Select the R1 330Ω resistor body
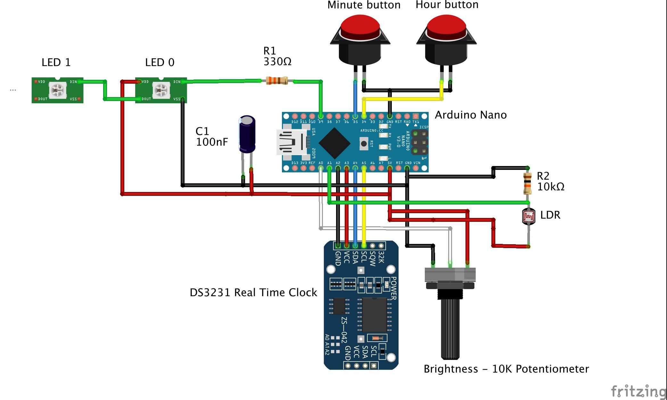point(277,81)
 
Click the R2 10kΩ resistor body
point(527,184)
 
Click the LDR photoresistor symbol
point(528,216)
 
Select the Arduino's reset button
point(364,144)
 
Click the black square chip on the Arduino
point(334,143)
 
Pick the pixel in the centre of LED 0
point(160,90)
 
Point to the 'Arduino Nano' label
point(471,115)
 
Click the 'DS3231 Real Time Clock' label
point(253,292)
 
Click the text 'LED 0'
point(160,62)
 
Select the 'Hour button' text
point(447,5)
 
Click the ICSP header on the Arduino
point(419,142)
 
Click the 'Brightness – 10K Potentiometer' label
point(506,369)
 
